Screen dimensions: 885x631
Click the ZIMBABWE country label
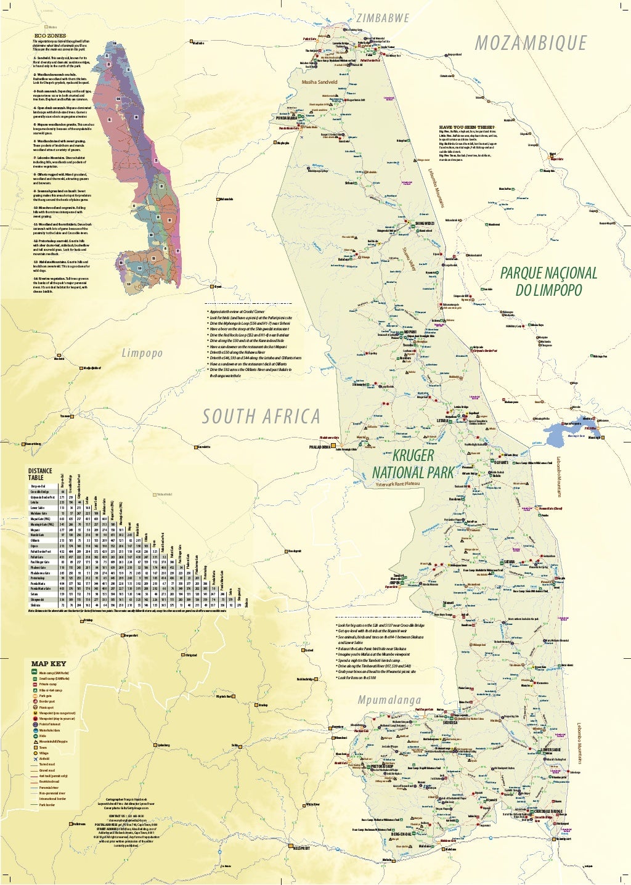point(382,18)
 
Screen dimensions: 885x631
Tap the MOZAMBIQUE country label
point(531,43)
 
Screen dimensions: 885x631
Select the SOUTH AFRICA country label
point(261,417)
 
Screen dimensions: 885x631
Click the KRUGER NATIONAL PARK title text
point(413,464)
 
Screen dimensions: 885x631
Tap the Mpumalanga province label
point(389,699)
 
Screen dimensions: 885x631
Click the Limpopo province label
point(142,353)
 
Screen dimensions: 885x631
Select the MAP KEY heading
point(49,664)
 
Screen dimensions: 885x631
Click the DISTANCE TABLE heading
point(40,474)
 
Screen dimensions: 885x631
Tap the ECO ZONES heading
point(50,36)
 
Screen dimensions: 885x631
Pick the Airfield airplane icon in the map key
point(35,759)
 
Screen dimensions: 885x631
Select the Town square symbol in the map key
point(35,748)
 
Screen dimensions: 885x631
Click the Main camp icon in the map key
point(35,673)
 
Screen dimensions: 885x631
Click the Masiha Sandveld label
point(319,81)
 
